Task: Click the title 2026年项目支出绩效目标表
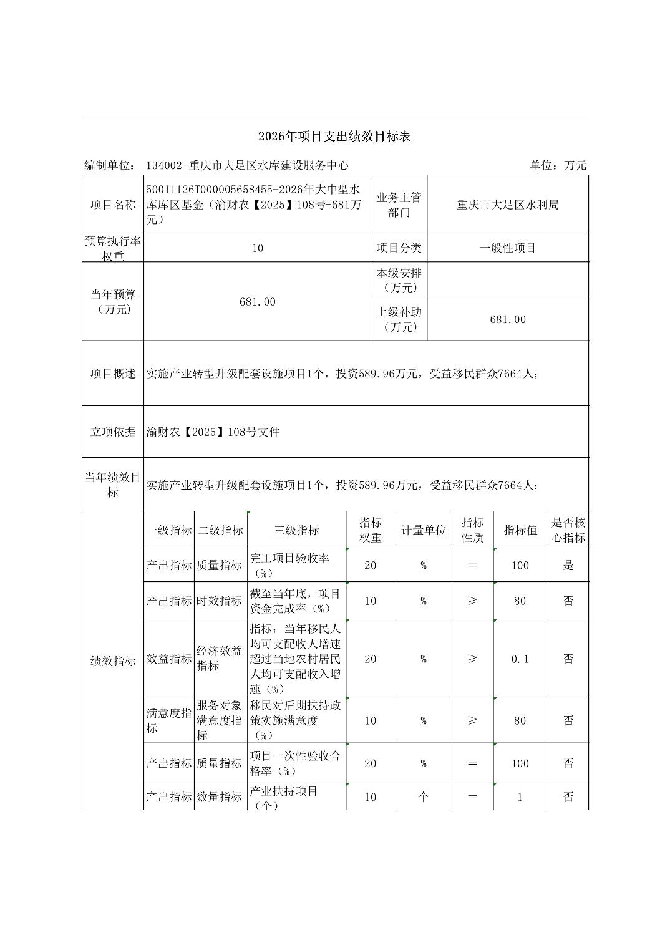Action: (x=334, y=137)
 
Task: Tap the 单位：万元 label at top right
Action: (x=558, y=165)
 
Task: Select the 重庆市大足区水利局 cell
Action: (x=508, y=205)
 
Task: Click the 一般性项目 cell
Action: (x=508, y=248)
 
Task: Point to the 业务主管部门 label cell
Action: (x=399, y=205)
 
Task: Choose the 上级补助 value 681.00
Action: (x=508, y=319)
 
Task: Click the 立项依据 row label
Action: (x=113, y=432)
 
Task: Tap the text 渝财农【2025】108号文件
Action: (x=213, y=432)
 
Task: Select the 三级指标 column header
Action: (x=296, y=530)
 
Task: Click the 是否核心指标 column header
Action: (x=568, y=530)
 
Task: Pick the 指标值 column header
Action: (x=520, y=530)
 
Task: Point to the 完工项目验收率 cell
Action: (x=296, y=565)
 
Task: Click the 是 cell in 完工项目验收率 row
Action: (x=568, y=565)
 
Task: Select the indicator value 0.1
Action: (x=520, y=659)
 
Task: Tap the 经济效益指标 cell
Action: (x=219, y=659)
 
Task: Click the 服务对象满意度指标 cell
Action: (x=219, y=720)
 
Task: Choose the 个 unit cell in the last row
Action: (x=423, y=796)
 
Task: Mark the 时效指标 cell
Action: (x=219, y=601)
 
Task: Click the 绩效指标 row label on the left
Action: (x=113, y=661)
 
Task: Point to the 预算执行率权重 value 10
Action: (x=258, y=248)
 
